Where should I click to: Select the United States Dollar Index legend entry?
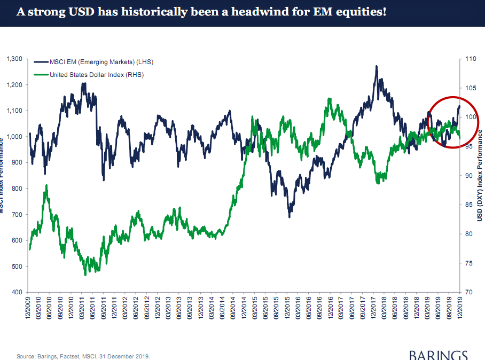pyautogui.click(x=96, y=74)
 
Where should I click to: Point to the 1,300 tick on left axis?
pyautogui.click(x=13, y=59)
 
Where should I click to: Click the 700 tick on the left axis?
pyautogui.click(x=17, y=215)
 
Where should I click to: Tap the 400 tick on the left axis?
pyautogui.click(x=17, y=293)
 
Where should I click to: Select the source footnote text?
pyautogui.click(x=83, y=356)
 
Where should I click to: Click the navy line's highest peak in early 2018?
pyautogui.click(x=377, y=67)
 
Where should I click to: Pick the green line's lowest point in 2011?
pyautogui.click(x=85, y=275)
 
